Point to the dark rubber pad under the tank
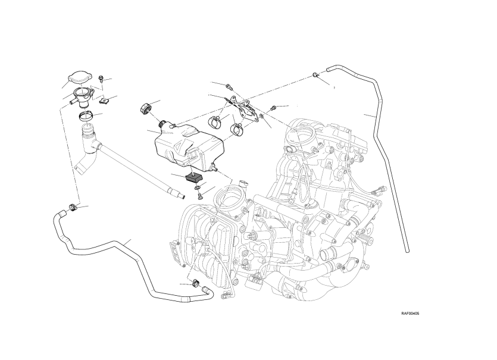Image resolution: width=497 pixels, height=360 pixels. click(193, 177)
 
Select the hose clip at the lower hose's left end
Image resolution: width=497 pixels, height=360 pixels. click(73, 207)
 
